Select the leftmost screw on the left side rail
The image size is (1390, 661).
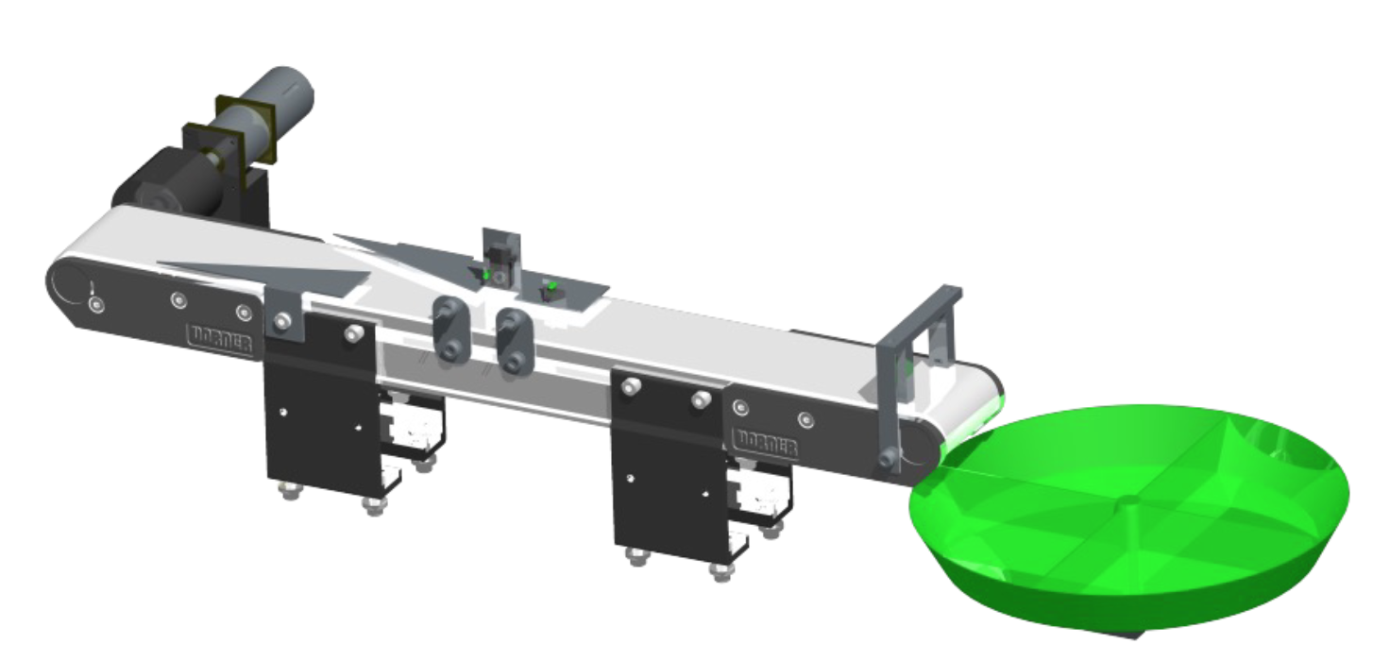point(94,305)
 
